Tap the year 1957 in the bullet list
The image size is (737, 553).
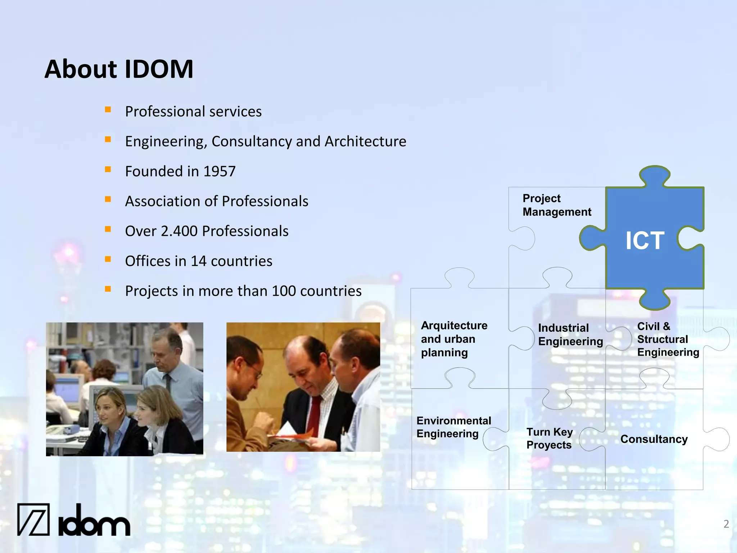click(x=220, y=171)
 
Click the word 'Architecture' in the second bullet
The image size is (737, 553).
click(x=365, y=141)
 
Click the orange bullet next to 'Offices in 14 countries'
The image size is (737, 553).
click(x=108, y=259)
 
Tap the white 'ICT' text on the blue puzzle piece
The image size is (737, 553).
click(x=645, y=240)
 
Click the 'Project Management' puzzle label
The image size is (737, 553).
click(x=556, y=205)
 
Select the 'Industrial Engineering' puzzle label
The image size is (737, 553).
click(x=570, y=334)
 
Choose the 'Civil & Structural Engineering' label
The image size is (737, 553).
click(x=668, y=339)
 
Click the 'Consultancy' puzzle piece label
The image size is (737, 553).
click(x=654, y=439)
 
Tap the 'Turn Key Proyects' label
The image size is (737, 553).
click(x=549, y=439)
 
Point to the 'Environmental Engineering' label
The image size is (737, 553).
click(x=453, y=427)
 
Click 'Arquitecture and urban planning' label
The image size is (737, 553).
click(x=454, y=339)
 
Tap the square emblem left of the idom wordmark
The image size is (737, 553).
click(x=33, y=519)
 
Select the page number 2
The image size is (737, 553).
click(x=726, y=524)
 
